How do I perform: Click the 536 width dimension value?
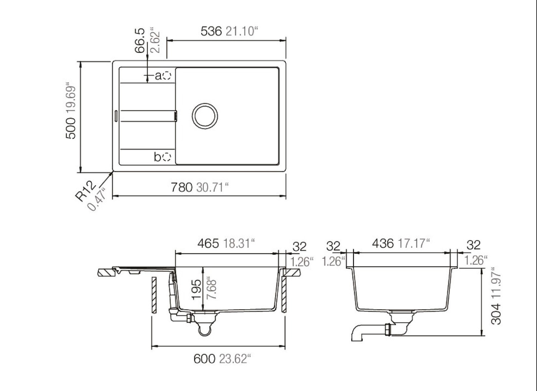pos(211,32)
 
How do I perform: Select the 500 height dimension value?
pos(71,128)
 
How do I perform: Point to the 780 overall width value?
pos(182,187)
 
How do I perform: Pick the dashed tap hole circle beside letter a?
pos(166,76)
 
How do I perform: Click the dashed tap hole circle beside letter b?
pos(166,157)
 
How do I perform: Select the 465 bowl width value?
pos(208,244)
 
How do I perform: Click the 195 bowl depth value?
pos(197,289)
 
